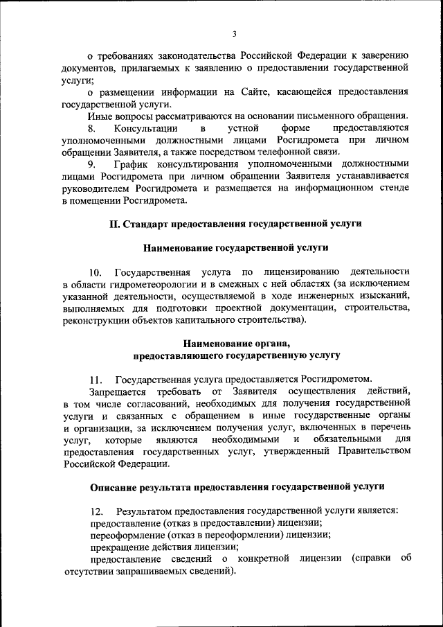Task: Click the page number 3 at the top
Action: coord(235,33)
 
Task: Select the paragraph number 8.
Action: coord(93,129)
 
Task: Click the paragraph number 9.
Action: coord(93,164)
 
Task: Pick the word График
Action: coord(134,164)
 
